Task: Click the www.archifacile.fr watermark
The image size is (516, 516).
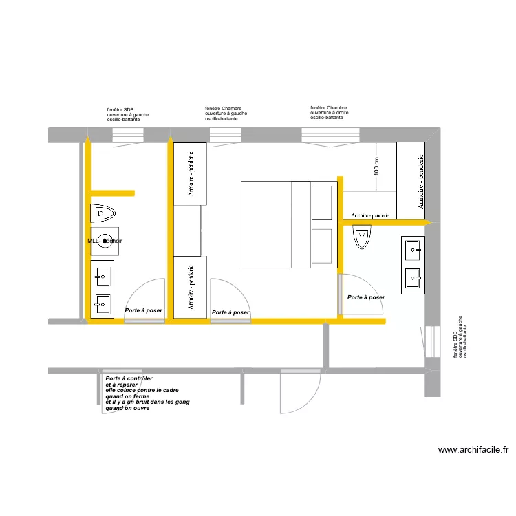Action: pyautogui.click(x=473, y=451)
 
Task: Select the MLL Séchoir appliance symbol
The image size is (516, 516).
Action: pyautogui.click(x=105, y=240)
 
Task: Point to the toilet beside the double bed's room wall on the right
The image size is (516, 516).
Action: pyautogui.click(x=361, y=238)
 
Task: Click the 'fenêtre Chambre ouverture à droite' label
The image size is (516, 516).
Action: pyautogui.click(x=329, y=113)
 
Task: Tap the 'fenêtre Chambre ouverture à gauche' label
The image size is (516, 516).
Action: pyautogui.click(x=226, y=114)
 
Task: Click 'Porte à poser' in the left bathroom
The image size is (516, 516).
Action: pyautogui.click(x=143, y=310)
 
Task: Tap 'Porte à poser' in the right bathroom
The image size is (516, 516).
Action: pyautogui.click(x=366, y=297)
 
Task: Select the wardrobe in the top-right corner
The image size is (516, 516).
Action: pyautogui.click(x=411, y=178)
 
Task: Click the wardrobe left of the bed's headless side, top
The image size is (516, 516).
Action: pyautogui.click(x=189, y=173)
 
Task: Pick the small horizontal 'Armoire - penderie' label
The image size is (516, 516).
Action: pyautogui.click(x=370, y=215)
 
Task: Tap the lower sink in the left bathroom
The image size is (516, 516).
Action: pyautogui.click(x=103, y=303)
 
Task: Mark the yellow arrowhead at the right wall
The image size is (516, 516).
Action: pyautogui.click(x=427, y=222)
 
